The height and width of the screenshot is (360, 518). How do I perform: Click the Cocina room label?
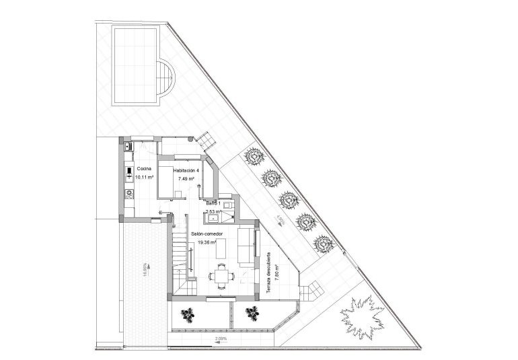pyautogui.click(x=143, y=169)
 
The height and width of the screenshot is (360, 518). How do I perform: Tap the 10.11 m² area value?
pyautogui.click(x=145, y=177)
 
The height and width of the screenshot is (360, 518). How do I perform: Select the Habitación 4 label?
pyautogui.click(x=186, y=171)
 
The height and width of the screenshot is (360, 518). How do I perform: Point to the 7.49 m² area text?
pyautogui.click(x=186, y=180)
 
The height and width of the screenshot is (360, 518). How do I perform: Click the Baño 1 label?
pyautogui.click(x=214, y=203)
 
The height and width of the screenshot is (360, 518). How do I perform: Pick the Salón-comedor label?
pyautogui.click(x=207, y=233)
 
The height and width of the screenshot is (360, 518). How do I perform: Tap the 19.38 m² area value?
pyautogui.click(x=207, y=242)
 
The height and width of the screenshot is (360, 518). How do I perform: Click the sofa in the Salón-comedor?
pyautogui.click(x=247, y=246)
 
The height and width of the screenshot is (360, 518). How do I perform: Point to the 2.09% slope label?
pyautogui.click(x=221, y=340)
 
